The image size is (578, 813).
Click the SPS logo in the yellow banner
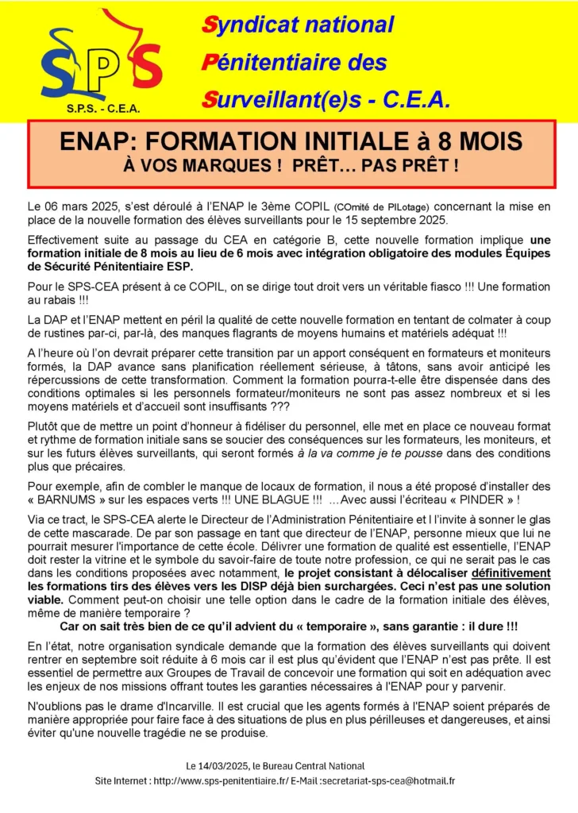101,63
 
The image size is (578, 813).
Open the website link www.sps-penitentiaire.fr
236,781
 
